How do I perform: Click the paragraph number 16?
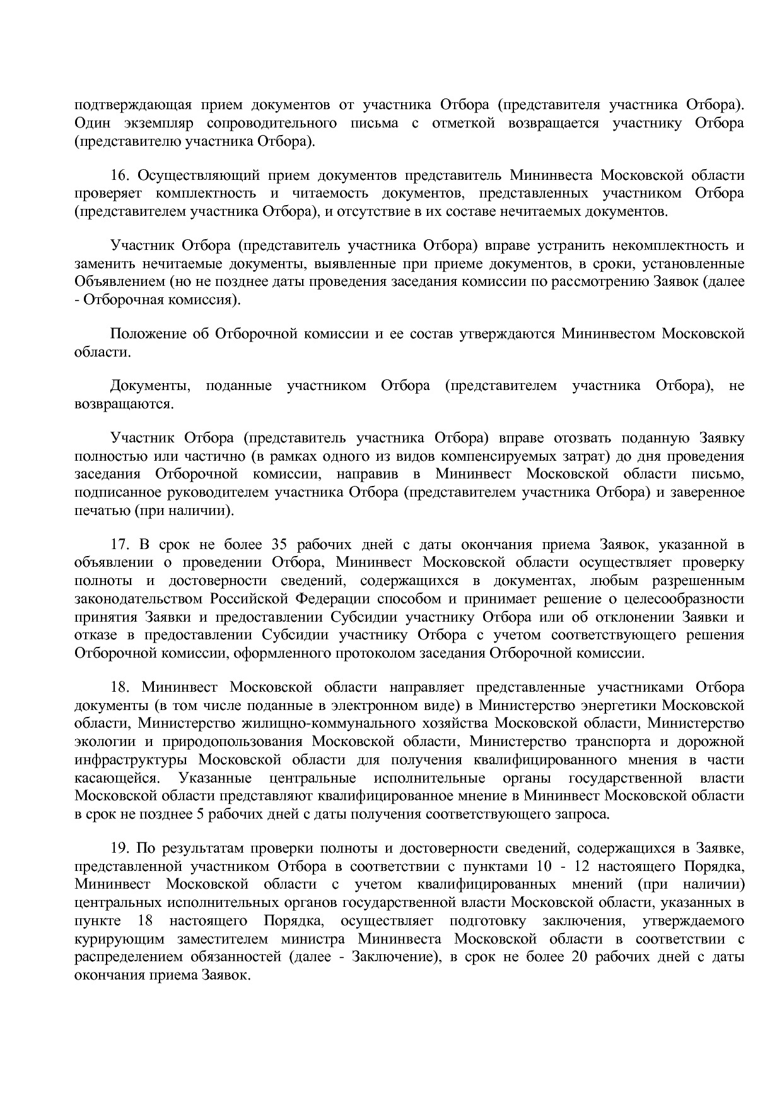click(x=119, y=175)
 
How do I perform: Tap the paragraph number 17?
click(x=119, y=544)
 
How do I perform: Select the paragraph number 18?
click(x=119, y=687)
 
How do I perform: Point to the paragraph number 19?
click(x=119, y=847)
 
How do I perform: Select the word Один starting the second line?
click(x=93, y=123)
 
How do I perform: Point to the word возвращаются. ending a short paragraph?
click(x=124, y=404)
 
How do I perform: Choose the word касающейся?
click(x=115, y=778)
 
